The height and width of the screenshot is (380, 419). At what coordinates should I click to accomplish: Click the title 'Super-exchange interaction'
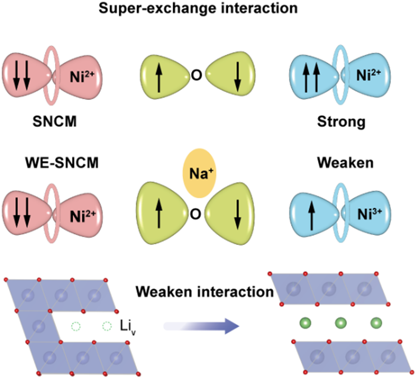209,9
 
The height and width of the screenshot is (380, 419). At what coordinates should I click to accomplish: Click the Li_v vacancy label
127,328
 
